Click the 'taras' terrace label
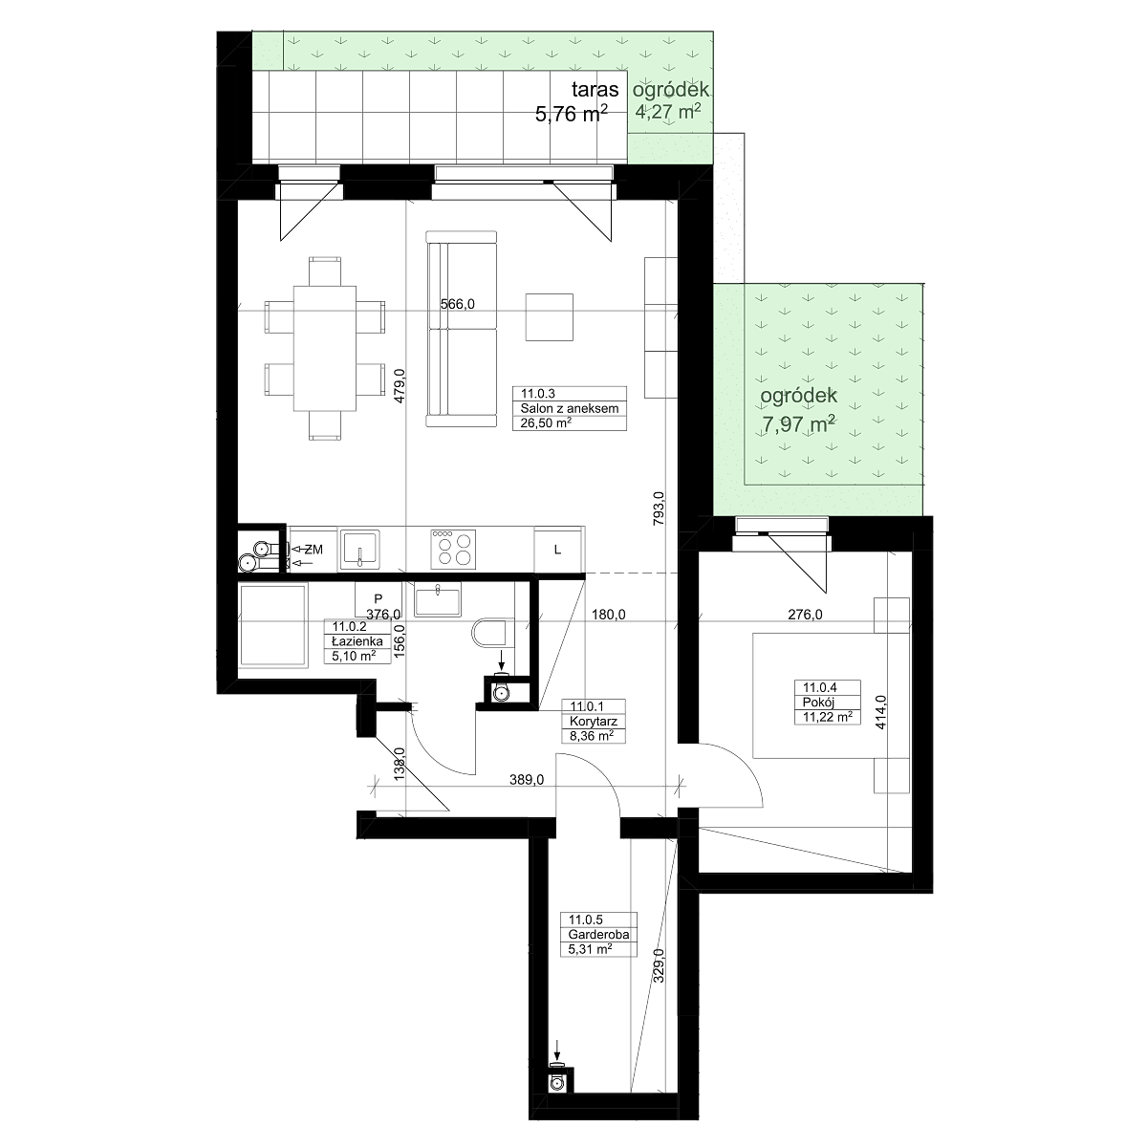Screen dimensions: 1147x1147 click(595, 90)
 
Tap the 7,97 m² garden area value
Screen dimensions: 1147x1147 click(798, 424)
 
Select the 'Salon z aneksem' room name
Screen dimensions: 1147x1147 click(570, 408)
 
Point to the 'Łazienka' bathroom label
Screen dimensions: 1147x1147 click(357, 641)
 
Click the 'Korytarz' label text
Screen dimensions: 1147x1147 click(594, 721)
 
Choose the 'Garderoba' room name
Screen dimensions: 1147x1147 click(598, 934)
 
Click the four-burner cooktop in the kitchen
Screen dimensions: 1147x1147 click(453, 548)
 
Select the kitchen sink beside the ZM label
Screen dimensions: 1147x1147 click(360, 549)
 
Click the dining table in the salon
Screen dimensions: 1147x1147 click(324, 348)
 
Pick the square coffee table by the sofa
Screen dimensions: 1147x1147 click(549, 317)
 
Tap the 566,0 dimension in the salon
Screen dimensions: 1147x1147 click(457, 304)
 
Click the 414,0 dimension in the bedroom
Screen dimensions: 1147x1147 click(881, 712)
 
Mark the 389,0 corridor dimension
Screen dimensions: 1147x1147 click(527, 779)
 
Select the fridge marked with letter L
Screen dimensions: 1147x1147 click(557, 550)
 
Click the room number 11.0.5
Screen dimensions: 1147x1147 click(586, 920)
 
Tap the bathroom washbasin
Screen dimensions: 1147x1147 click(438, 601)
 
